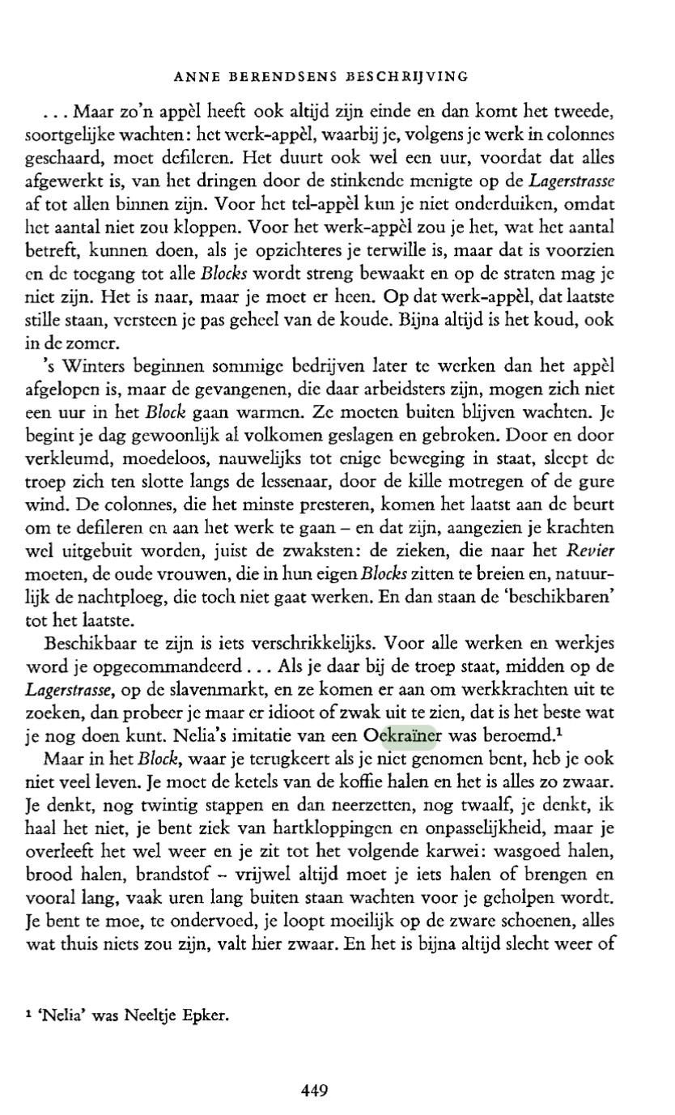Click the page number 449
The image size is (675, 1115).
pyautogui.click(x=313, y=1089)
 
